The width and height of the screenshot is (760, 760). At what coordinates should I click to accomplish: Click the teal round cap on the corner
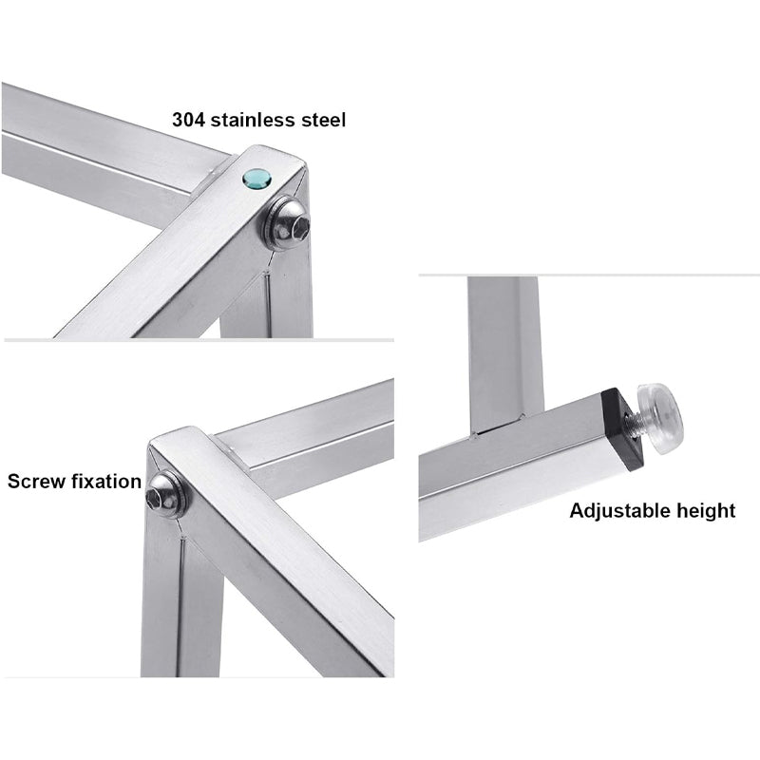(256, 180)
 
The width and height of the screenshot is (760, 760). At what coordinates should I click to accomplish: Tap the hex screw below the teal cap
(289, 222)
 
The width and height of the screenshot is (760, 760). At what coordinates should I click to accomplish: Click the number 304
(188, 120)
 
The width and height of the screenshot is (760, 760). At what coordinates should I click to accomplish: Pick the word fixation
(106, 481)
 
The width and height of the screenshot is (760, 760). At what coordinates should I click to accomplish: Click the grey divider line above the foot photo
(589, 275)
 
